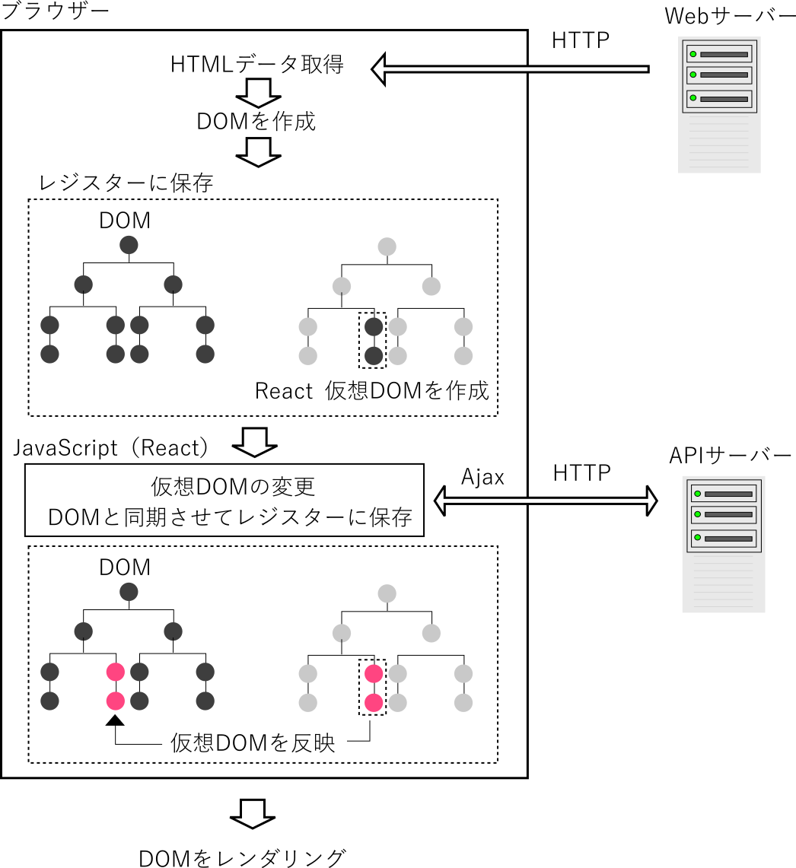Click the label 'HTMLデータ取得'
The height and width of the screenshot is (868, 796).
(x=257, y=65)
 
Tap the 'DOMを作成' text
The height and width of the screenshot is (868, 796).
(x=256, y=122)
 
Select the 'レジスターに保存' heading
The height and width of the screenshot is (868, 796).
(x=126, y=183)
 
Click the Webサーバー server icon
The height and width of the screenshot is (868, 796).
(x=719, y=106)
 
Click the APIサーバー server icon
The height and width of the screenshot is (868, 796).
(x=723, y=544)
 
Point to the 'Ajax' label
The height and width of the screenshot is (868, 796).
(x=482, y=477)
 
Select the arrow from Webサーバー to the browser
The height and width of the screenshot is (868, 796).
(x=510, y=69)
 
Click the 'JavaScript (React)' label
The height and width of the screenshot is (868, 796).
(x=111, y=448)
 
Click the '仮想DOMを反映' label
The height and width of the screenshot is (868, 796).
(x=253, y=743)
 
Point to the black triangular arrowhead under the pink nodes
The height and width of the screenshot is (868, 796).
(x=115, y=720)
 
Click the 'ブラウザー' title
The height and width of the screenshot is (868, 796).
(x=56, y=12)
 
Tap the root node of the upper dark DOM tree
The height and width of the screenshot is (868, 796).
(x=129, y=246)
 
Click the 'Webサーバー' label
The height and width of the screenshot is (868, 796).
(x=729, y=15)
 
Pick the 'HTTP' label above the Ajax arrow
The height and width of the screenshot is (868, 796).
(x=581, y=473)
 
